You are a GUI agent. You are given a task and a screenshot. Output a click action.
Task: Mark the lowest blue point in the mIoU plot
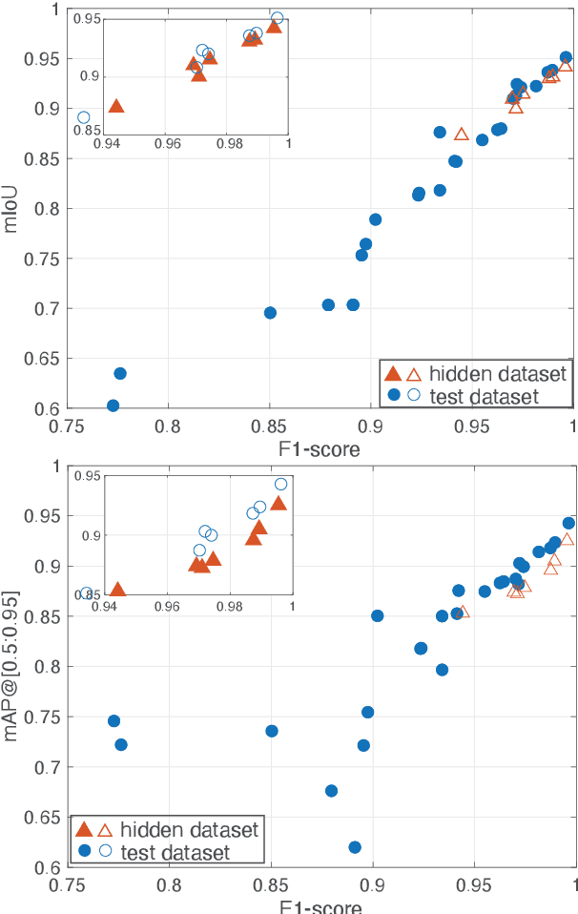coord(113,405)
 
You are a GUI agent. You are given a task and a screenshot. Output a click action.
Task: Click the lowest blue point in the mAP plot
coord(355,847)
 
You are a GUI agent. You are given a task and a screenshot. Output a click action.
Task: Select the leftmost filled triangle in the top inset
coord(116,106)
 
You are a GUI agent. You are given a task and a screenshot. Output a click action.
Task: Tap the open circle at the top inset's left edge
coord(83,117)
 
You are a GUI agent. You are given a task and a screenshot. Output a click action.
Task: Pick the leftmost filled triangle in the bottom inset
coord(117,591)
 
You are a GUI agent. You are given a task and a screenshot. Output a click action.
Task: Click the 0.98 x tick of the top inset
coord(230,144)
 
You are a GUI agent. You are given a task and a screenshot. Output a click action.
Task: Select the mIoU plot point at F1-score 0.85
coord(270,313)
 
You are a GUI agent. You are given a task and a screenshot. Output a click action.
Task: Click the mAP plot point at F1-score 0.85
coord(272,731)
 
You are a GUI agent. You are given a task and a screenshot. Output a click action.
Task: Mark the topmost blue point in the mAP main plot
coord(568,523)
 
